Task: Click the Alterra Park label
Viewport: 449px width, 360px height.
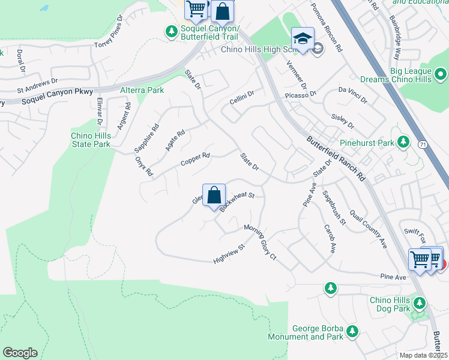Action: [x=142, y=90]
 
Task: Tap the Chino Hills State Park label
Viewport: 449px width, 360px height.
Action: [x=90, y=140]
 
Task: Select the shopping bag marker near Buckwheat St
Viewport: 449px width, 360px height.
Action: [x=214, y=196]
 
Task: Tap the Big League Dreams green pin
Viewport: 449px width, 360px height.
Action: [x=441, y=75]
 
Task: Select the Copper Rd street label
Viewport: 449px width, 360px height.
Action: [x=195, y=160]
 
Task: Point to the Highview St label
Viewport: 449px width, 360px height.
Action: [x=229, y=254]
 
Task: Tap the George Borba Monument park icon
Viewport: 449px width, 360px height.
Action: [x=352, y=331]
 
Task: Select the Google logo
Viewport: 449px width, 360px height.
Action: [x=20, y=353]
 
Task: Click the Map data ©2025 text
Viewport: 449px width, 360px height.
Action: [x=423, y=355]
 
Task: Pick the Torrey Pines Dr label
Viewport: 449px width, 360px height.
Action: [x=108, y=28]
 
